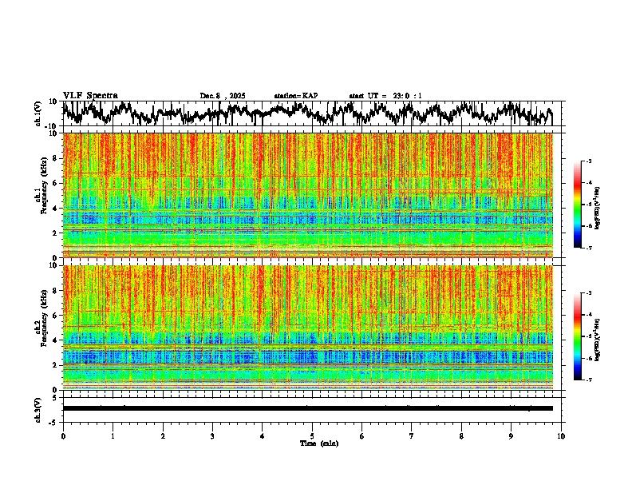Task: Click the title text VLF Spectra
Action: pyautogui.click(x=90, y=95)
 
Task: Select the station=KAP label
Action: pyautogui.click(x=295, y=96)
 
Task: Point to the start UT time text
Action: pyautogui.click(x=385, y=96)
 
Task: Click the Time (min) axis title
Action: pyautogui.click(x=318, y=443)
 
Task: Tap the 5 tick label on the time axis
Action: pyautogui.click(x=312, y=435)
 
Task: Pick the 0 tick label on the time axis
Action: pyautogui.click(x=63, y=435)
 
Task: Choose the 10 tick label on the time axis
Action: pyautogui.click(x=561, y=435)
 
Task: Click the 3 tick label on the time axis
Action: pyautogui.click(x=212, y=435)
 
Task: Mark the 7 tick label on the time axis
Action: pyautogui.click(x=412, y=435)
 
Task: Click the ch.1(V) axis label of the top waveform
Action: pyautogui.click(x=38, y=113)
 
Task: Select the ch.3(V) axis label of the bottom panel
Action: pyautogui.click(x=38, y=408)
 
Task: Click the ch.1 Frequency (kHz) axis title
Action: pyautogui.click(x=39, y=195)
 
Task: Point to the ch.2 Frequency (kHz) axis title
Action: pyautogui.click(x=39, y=327)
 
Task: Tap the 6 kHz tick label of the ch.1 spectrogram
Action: pyautogui.click(x=54, y=183)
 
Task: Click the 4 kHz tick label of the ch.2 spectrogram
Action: pyautogui.click(x=54, y=340)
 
